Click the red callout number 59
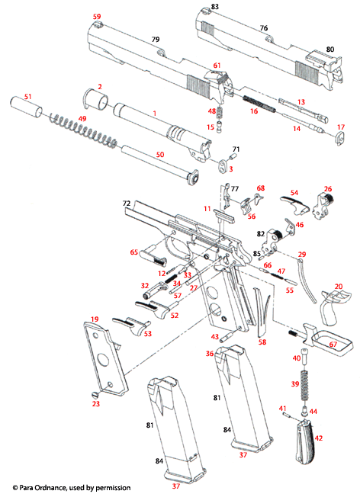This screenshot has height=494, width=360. (97, 16)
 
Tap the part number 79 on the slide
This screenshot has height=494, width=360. (155, 39)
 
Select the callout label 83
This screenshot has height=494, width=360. (215, 7)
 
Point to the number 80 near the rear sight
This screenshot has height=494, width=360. (329, 49)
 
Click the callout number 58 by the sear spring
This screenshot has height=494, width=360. (262, 343)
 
